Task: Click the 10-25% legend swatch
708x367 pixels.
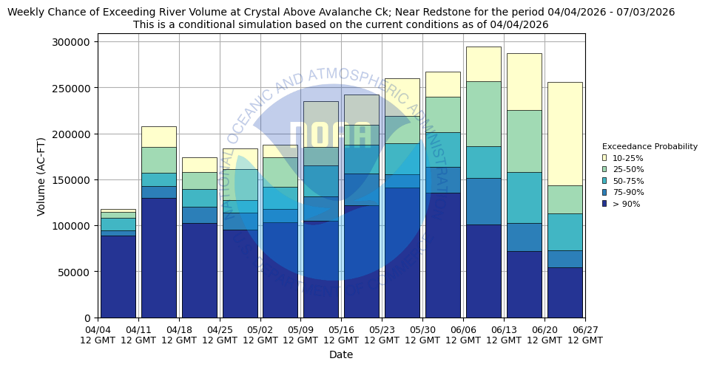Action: coord(604,158)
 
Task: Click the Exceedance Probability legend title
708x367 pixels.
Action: coord(650,146)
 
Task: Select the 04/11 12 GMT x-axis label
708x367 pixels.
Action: coord(138,335)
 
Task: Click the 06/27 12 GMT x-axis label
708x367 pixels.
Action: coord(584,335)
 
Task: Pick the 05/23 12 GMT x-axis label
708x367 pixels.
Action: coord(382,335)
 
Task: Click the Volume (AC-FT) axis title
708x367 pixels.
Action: coord(42,176)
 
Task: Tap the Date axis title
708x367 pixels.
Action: coord(341,354)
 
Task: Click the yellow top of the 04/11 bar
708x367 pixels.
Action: coord(158,137)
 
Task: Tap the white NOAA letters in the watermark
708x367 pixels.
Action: coord(329,137)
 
